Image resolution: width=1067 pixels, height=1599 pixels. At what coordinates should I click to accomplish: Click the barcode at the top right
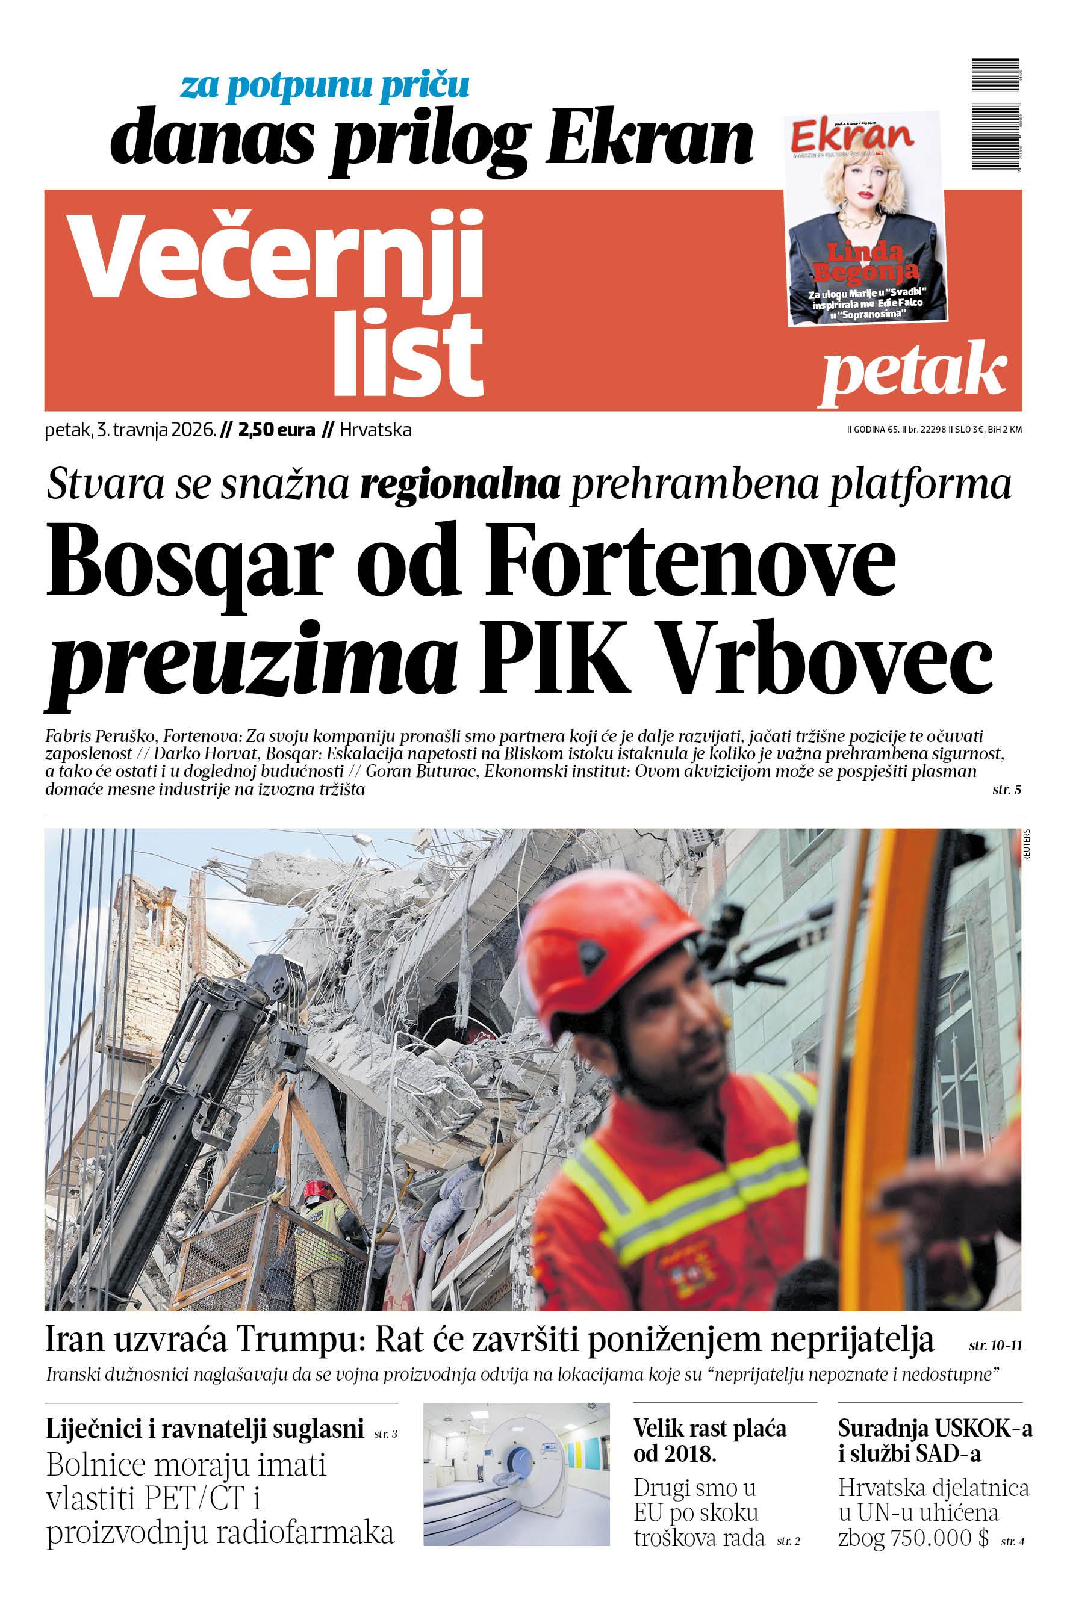pos(996,116)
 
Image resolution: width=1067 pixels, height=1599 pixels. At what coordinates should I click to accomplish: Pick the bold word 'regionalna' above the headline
pos(460,485)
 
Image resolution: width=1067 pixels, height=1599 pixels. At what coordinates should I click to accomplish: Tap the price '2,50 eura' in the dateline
pos(276,430)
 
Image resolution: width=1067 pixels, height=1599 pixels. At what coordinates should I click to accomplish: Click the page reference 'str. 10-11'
pos(995,1346)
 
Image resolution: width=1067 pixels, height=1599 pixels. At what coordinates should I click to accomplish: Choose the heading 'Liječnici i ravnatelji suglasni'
pos(205,1429)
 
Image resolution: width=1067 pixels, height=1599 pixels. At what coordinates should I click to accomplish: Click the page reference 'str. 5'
pos(1006,790)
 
